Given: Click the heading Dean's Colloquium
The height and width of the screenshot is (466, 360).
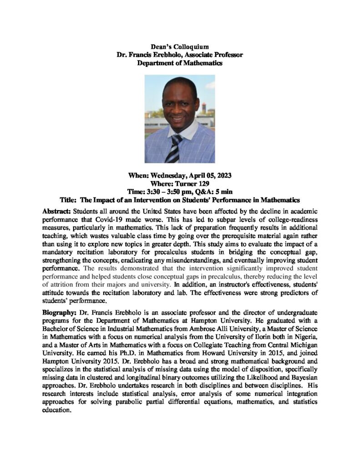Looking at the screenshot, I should click(180, 46).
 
